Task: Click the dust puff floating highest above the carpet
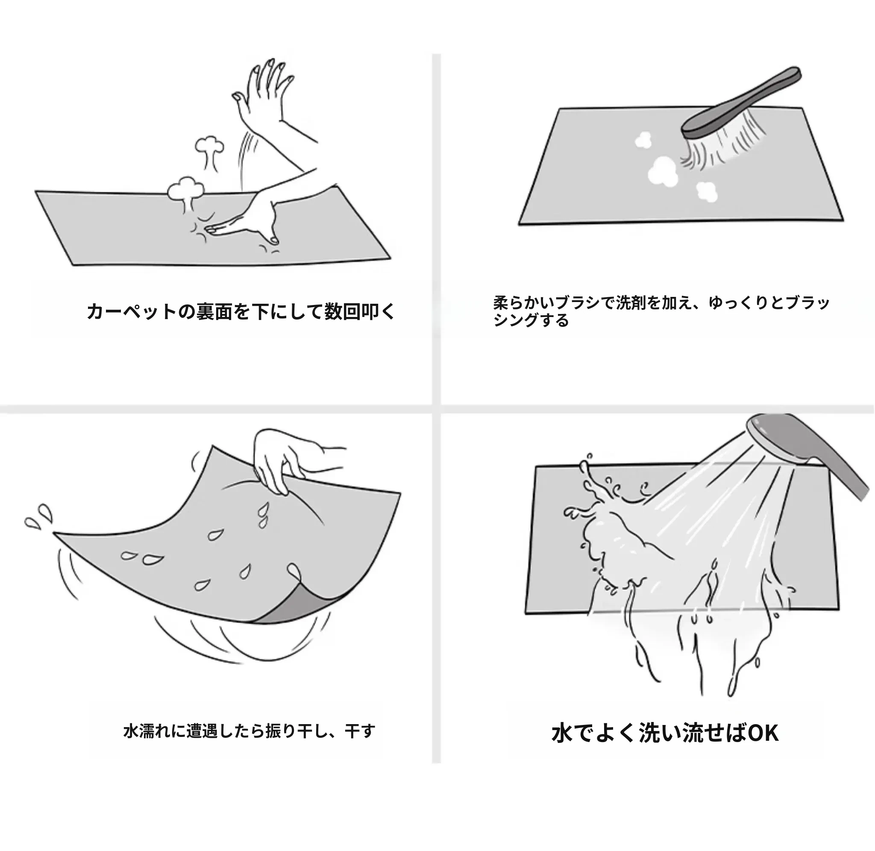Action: click(x=209, y=146)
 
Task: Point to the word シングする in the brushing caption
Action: click(x=531, y=320)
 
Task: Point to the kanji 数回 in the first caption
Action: click(x=342, y=311)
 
